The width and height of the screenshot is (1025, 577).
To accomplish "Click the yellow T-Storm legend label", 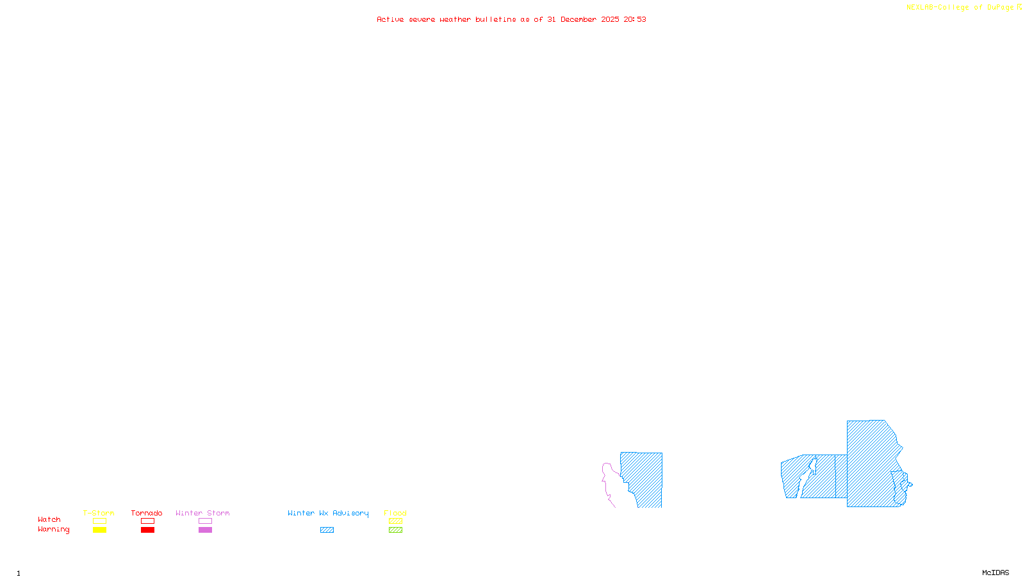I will tap(99, 513).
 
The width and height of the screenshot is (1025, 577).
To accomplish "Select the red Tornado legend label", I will tap(147, 513).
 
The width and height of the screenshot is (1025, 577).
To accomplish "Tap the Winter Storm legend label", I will tap(202, 513).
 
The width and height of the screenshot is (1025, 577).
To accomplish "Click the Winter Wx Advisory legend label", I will tap(328, 513).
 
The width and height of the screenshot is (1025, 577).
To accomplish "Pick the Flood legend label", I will tap(395, 513).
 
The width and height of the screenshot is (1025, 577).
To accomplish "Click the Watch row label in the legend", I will tap(49, 519).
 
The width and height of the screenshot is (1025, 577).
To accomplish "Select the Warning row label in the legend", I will tap(54, 530).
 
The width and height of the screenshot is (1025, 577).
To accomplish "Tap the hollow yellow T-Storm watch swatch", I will tap(99, 521).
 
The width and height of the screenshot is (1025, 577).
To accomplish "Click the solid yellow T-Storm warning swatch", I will tap(99, 530).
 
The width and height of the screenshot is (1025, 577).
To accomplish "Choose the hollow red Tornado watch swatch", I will tap(147, 521).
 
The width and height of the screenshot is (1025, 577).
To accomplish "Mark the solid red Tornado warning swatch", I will tap(147, 530).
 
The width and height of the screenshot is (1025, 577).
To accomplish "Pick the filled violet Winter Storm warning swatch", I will tap(205, 530).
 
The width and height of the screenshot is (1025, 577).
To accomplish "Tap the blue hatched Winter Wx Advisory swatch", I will tap(327, 530).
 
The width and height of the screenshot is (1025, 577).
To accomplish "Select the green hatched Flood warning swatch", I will tap(395, 530).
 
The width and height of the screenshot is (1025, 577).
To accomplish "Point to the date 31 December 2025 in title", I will tap(583, 19).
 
